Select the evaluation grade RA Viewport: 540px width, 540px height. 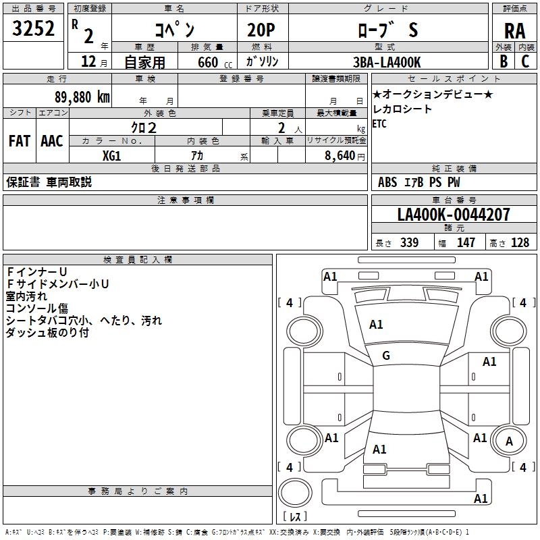pos(514,31)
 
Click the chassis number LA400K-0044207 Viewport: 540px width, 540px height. pos(454,215)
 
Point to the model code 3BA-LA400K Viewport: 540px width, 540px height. pos(387,62)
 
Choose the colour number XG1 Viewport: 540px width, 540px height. pos(112,155)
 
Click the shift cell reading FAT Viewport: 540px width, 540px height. pos(19,141)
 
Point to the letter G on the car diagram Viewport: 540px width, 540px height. pos(386,356)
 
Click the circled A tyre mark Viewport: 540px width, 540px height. pos(509,441)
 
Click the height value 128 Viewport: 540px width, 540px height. pos(520,243)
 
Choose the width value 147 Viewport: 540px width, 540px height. pos(466,243)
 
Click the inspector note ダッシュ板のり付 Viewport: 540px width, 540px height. pos(47,333)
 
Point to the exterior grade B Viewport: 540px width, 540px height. pos(503,61)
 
